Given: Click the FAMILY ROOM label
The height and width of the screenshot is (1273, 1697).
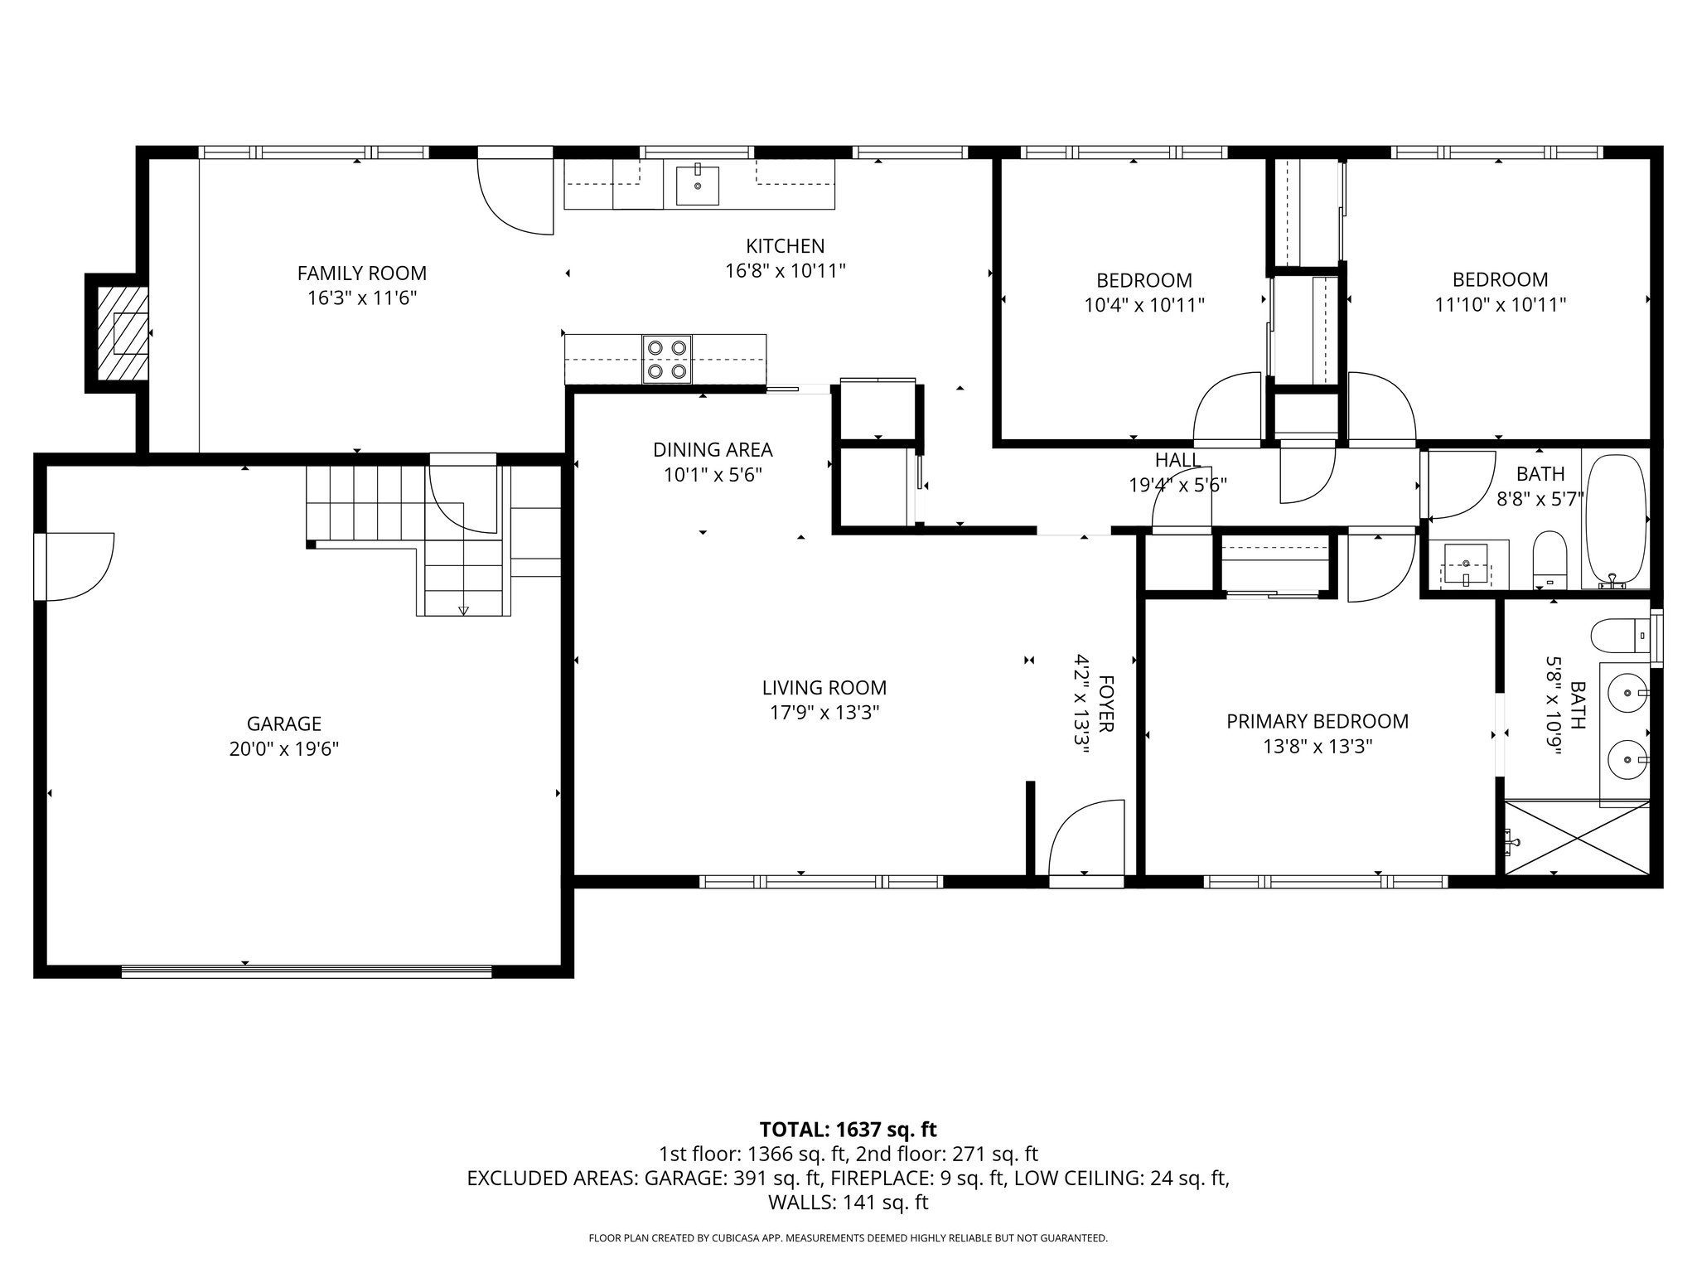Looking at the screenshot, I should click(361, 273).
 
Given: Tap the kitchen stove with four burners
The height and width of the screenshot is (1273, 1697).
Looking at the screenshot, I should click(667, 360).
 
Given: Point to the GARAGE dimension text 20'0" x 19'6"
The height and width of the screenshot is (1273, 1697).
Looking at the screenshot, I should click(284, 749).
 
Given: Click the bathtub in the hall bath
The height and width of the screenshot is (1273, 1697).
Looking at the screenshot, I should click(1615, 520).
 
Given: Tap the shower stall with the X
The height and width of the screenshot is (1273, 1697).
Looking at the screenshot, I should click(1576, 836).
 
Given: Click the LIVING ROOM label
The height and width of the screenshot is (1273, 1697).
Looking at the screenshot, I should click(824, 688).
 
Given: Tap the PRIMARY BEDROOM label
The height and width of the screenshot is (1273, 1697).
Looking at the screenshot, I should click(1317, 722).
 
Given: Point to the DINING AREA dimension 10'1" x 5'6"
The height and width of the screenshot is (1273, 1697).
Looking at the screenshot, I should click(713, 476).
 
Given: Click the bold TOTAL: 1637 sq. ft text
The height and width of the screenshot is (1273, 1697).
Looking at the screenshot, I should click(848, 1130).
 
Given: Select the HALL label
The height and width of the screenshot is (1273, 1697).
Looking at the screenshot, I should click(1177, 460).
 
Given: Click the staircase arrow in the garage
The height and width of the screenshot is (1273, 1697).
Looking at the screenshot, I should click(463, 610).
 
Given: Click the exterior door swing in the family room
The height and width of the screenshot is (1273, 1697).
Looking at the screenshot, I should click(514, 195).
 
